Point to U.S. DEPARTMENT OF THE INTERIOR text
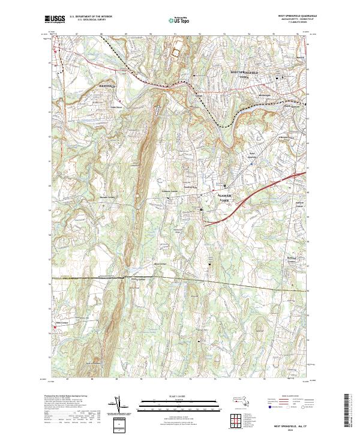[x=91, y=17]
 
